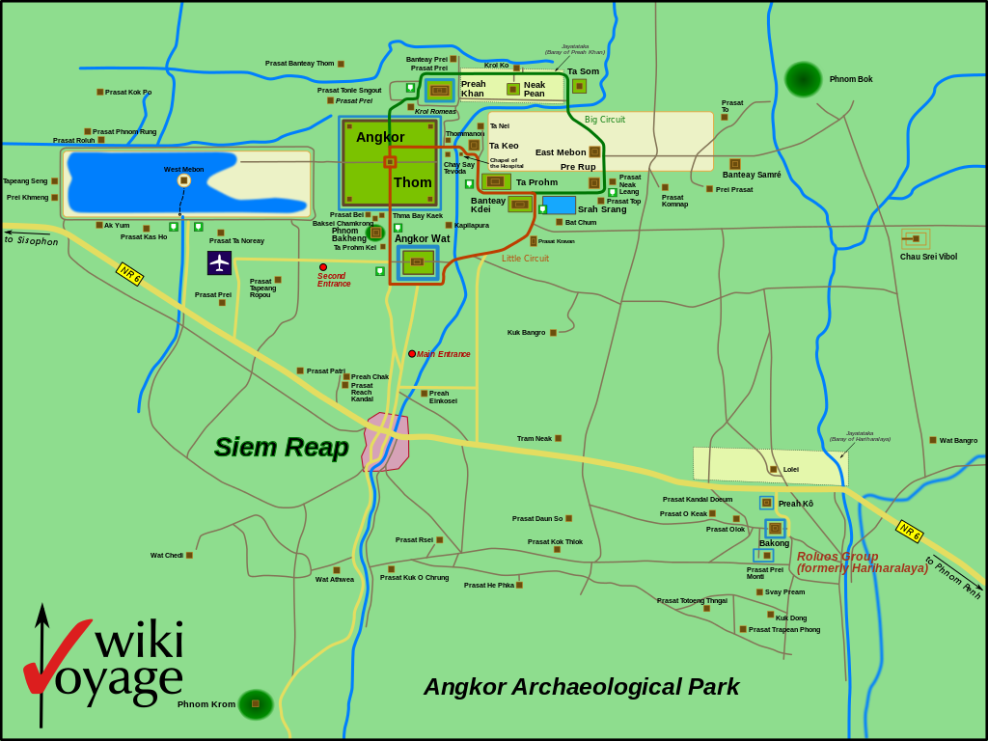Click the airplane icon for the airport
219,262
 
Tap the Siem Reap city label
281,447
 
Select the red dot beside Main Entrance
412,354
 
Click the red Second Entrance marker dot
323,267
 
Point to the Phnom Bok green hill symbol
803,79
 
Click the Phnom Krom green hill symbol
256,704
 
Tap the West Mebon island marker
183,180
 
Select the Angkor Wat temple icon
417,261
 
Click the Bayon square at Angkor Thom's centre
390,162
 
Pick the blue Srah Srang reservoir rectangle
559,205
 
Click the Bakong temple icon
775,528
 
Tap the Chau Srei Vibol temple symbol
915,238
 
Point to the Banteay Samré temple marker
735,164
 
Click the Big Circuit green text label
605,120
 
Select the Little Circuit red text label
525,259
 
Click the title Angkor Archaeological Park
581,687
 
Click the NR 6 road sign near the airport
129,273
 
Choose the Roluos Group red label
837,557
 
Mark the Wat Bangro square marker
933,440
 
